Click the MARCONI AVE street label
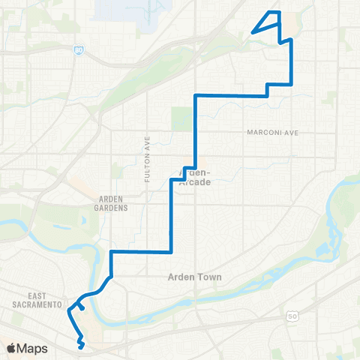tap(272, 133)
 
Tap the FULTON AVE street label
tap(148, 158)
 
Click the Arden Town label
tap(190, 277)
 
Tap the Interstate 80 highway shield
tap(79, 50)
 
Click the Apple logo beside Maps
tap(11, 348)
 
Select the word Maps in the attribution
tap(32, 348)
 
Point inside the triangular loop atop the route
tap(271, 20)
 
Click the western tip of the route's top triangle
tap(252, 32)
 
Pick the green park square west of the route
tap(181, 118)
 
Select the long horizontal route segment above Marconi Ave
tap(231, 95)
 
